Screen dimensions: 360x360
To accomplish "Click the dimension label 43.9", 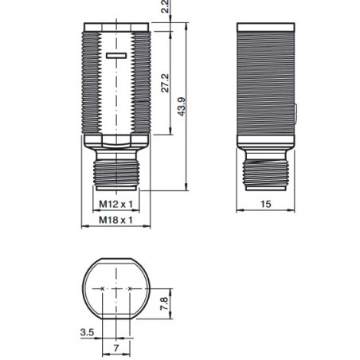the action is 182,107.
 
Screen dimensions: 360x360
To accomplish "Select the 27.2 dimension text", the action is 165,83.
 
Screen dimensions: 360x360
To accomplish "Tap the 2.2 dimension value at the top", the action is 165,6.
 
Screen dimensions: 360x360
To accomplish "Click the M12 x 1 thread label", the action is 115,204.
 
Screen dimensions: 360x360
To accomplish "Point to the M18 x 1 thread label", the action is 115,220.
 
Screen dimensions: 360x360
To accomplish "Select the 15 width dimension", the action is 266,204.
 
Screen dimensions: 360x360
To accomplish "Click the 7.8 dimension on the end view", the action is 164,303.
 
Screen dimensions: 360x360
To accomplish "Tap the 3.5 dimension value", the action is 87,332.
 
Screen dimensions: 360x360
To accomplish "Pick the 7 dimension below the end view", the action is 116,348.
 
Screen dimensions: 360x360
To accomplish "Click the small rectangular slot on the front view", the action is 116,56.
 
